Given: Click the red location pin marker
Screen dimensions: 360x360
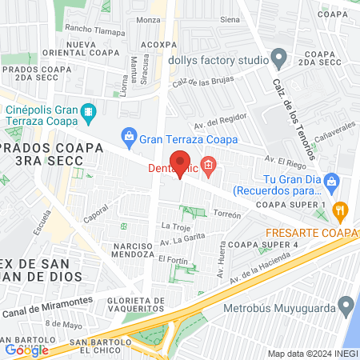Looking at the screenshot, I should tap(181, 163).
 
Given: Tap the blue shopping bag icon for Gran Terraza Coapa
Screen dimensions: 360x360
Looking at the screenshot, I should tap(128, 137).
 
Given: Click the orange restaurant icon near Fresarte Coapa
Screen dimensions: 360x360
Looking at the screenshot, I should tap(341, 211).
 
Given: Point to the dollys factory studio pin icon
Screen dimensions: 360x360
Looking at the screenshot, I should tap(278, 57).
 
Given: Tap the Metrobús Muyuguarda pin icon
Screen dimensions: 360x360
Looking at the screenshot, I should tap(346, 304).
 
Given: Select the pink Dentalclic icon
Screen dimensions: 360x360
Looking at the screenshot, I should tap(210, 167).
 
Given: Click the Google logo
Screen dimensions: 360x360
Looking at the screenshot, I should tap(26, 350).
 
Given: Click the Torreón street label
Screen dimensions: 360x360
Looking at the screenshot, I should tap(227, 214).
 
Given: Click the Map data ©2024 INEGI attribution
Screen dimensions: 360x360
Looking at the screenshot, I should tap(310, 354).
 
